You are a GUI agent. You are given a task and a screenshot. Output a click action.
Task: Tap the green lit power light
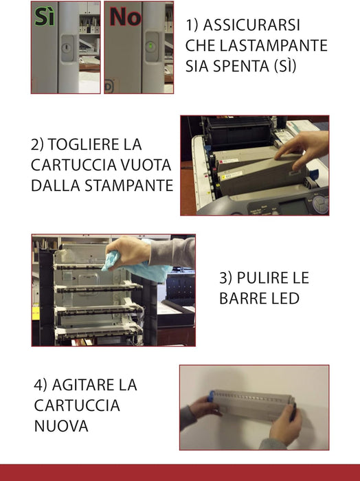(x=150, y=47)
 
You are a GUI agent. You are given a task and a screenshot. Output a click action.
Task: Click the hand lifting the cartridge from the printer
(x=306, y=145)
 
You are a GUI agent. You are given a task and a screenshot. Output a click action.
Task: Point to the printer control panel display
(x=295, y=204)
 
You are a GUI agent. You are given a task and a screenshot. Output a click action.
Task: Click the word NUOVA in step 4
(x=61, y=426)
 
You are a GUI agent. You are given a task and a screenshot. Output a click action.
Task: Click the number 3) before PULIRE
(x=227, y=278)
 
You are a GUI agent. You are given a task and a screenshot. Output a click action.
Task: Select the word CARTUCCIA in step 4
(x=77, y=405)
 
